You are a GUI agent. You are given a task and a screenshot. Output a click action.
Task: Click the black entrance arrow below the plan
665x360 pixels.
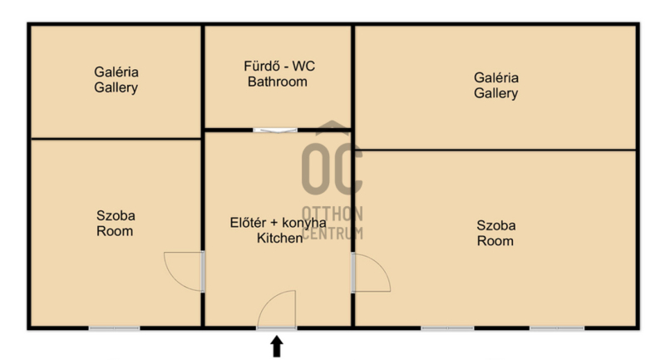point(277,346)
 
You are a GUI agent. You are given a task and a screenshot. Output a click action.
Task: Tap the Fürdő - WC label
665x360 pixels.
point(279,67)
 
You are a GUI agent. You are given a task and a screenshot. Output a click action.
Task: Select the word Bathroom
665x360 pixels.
point(278,81)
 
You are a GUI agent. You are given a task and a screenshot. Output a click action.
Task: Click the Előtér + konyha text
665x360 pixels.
point(278,223)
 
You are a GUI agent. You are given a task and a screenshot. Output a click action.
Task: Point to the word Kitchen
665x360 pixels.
point(280,238)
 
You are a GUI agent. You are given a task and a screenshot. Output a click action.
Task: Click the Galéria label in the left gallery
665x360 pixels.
point(116,72)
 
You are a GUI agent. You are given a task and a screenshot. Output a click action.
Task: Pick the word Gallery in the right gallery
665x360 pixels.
point(495,93)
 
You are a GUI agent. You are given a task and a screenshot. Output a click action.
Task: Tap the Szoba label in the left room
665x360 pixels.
point(116,215)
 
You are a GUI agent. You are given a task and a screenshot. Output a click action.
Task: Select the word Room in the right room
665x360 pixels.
point(495,241)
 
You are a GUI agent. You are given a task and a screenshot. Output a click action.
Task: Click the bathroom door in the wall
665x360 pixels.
point(276,131)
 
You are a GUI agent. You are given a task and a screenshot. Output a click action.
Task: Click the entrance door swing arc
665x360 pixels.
point(267,300)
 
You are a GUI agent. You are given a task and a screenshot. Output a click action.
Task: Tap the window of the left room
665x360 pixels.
point(114,328)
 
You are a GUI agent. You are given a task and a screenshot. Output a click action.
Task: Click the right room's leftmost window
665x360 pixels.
point(447,328)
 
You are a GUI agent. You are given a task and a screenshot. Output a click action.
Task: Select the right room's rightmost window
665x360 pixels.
point(557,328)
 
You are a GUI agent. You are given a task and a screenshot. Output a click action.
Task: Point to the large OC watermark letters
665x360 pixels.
point(332,169)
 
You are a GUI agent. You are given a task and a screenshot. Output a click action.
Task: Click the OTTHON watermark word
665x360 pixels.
point(332,215)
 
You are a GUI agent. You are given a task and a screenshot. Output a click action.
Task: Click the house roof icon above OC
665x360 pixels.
point(332,127)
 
